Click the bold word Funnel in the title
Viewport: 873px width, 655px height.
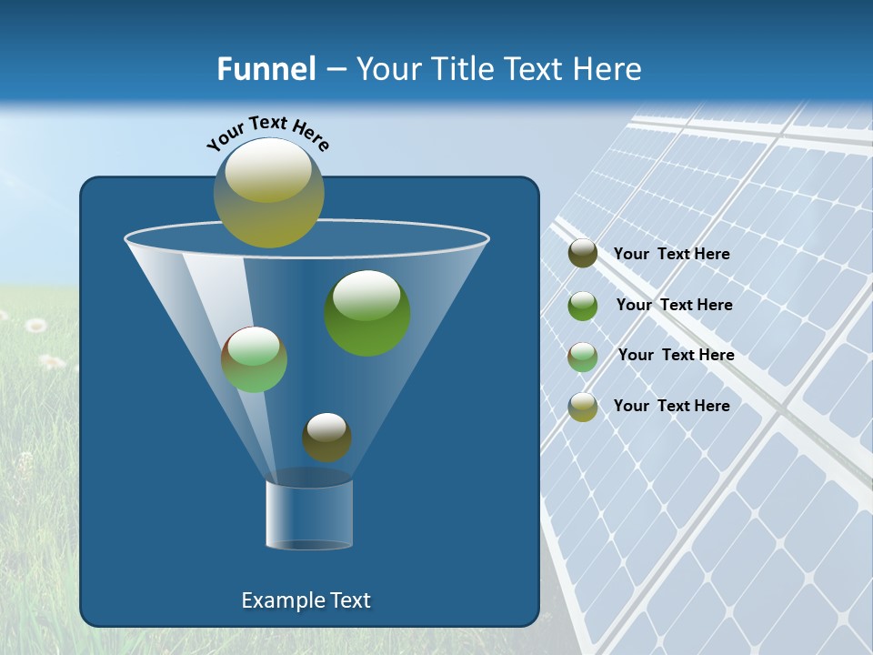point(266,68)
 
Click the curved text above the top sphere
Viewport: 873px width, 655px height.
point(267,131)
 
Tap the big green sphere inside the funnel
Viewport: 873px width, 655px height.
point(367,314)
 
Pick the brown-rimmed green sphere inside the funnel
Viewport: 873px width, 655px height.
point(254,359)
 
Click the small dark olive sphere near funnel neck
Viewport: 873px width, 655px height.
point(326,438)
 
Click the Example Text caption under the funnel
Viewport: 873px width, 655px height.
point(306,600)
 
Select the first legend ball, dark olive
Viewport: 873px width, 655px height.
point(583,254)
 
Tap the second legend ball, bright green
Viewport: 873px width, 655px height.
point(583,306)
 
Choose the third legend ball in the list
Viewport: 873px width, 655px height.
point(583,357)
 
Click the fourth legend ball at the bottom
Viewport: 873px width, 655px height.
point(583,407)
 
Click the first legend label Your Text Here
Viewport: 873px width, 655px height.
point(671,255)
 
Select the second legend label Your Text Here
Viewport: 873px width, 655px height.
point(674,306)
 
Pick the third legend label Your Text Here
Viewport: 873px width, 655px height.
point(676,356)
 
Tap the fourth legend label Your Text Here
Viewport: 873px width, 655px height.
point(671,406)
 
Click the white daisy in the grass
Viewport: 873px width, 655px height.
point(35,325)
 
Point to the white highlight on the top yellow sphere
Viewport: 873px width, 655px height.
point(268,171)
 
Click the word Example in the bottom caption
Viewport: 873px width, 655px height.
point(280,600)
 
